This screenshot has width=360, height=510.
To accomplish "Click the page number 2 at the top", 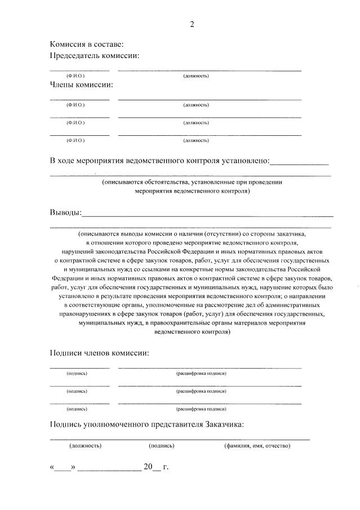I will pos(192,24).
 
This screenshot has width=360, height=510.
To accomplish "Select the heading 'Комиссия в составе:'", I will pos(86,44).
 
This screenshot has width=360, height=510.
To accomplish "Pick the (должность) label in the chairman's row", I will pos(196,76).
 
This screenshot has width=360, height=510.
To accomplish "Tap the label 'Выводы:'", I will pos(65,212).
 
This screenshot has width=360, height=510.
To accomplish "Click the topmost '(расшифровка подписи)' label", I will pos(201,374).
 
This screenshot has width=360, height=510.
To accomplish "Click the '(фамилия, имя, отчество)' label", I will pos(257,446).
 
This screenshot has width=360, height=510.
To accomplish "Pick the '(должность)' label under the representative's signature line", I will pos(85,446).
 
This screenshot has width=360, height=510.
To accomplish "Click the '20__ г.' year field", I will pos(156,467).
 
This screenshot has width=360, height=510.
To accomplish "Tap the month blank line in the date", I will pos(110,468).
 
